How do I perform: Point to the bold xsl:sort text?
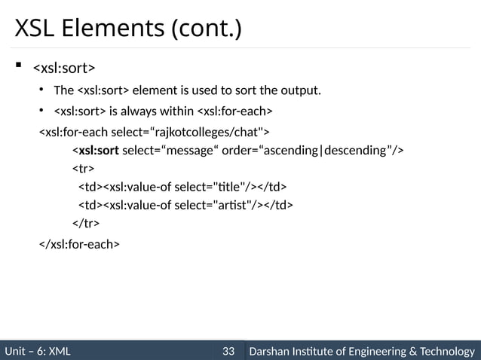[99, 150]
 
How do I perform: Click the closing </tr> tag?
[84, 223]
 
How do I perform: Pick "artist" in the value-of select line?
[231, 205]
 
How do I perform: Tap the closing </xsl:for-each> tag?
[78, 244]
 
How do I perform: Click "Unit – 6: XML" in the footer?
[38, 350]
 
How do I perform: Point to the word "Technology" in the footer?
[447, 350]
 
